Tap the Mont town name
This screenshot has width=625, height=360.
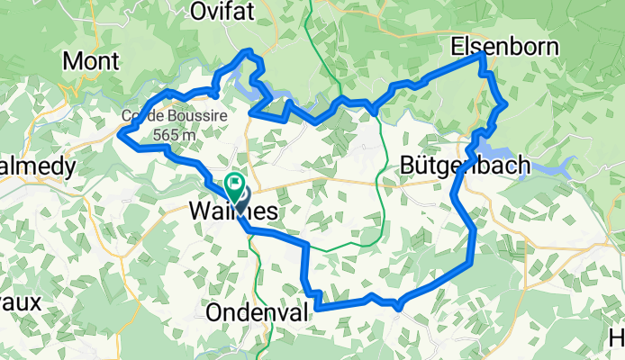[91, 61]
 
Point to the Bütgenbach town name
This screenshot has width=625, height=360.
[458, 165]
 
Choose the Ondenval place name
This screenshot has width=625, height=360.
[257, 311]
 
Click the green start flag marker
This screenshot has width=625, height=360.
[236, 186]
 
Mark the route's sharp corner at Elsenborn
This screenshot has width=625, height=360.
[485, 55]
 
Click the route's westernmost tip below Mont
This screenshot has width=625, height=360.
[121, 134]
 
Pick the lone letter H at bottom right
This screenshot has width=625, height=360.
[617, 337]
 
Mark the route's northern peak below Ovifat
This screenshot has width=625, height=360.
[249, 53]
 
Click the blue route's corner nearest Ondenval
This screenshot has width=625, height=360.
[316, 307]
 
